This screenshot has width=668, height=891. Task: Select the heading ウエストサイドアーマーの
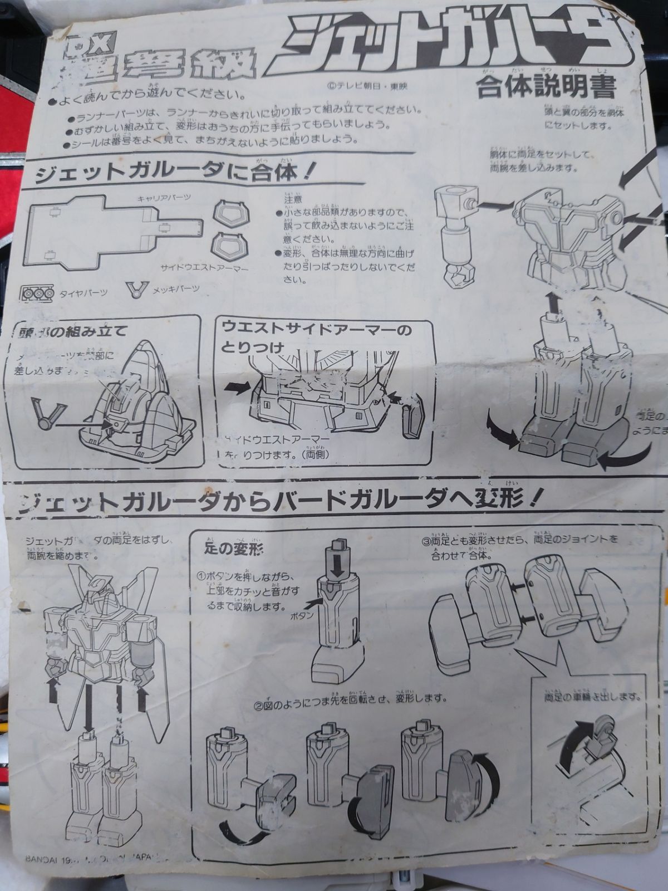pos(317,330)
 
